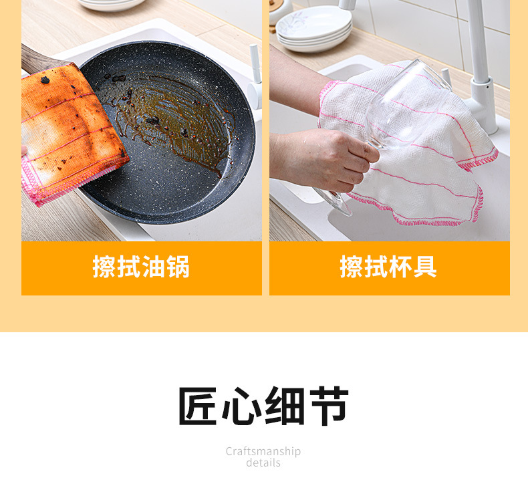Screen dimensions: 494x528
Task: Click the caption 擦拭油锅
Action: [x=141, y=267]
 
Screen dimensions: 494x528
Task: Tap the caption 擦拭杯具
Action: [x=388, y=267]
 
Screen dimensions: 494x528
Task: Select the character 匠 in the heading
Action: [x=199, y=406]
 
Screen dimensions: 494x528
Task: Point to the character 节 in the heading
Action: [x=327, y=406]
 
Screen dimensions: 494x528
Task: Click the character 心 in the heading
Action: [x=242, y=406]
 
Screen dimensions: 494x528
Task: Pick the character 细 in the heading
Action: [x=285, y=406]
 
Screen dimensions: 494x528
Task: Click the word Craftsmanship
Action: [x=263, y=451]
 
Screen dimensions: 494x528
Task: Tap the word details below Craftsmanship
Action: [x=263, y=463]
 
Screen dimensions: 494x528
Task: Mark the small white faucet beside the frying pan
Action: [x=255, y=74]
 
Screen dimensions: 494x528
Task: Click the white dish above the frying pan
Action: [x=112, y=5]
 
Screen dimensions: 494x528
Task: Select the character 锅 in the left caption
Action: [x=178, y=267]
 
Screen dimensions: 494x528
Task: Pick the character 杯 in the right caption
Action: [x=401, y=267]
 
